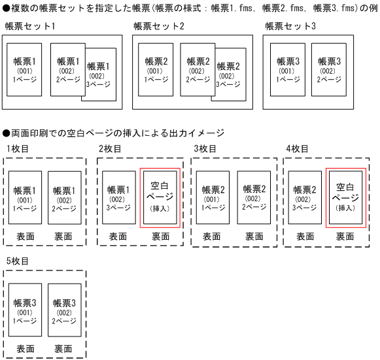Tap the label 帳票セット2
(x=159, y=26)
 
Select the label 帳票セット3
(x=290, y=26)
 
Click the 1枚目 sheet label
(x=18, y=149)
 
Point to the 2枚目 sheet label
(x=110, y=149)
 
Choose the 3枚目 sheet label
(x=205, y=149)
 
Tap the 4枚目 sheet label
(x=297, y=149)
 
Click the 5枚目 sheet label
(x=18, y=261)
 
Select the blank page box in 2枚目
(x=160, y=197)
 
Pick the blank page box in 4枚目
(x=345, y=197)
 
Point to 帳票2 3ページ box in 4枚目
(x=305, y=197)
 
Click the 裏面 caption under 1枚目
(x=64, y=237)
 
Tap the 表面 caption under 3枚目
(x=212, y=237)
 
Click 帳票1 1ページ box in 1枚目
(x=26, y=197)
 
